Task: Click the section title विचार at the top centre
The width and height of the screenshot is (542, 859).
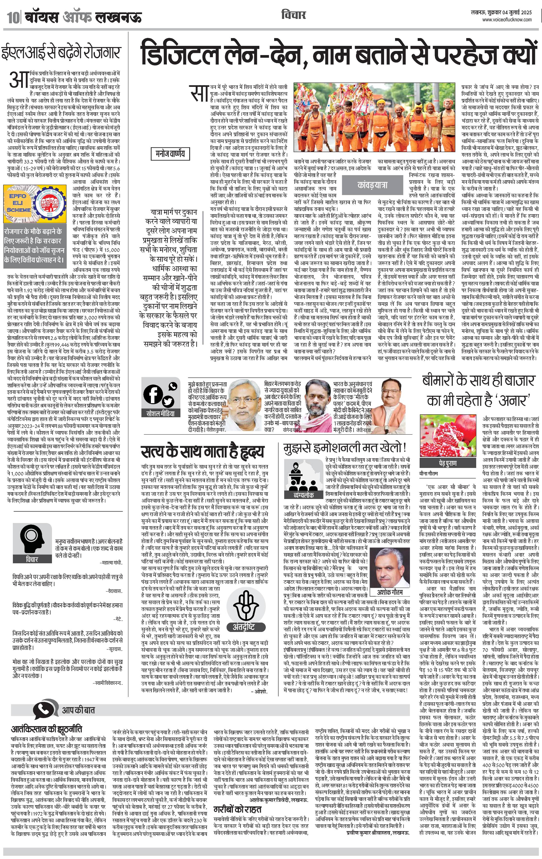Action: click(294, 15)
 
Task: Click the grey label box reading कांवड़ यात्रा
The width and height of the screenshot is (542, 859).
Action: click(372, 185)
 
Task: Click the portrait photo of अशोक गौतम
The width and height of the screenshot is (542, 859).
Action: click(390, 571)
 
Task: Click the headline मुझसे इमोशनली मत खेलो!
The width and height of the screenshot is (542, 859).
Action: click(345, 448)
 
